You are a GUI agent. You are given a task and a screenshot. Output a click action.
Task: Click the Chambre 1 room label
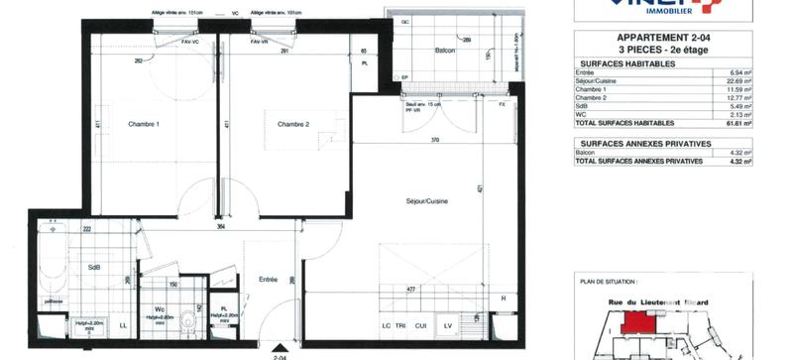(x=144, y=124)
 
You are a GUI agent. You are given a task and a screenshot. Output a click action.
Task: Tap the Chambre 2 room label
(x=294, y=124)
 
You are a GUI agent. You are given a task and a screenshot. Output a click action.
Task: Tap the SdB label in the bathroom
(x=94, y=268)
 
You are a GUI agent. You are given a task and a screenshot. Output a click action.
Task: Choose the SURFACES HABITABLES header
(x=625, y=63)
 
